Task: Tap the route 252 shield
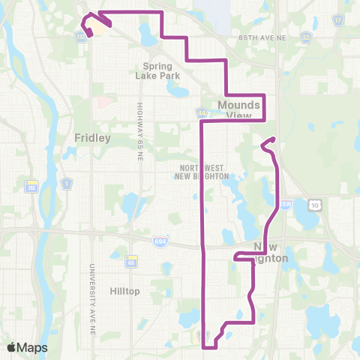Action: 30,185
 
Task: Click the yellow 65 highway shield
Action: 130,262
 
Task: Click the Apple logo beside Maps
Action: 11,347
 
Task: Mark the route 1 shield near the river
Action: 66,184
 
